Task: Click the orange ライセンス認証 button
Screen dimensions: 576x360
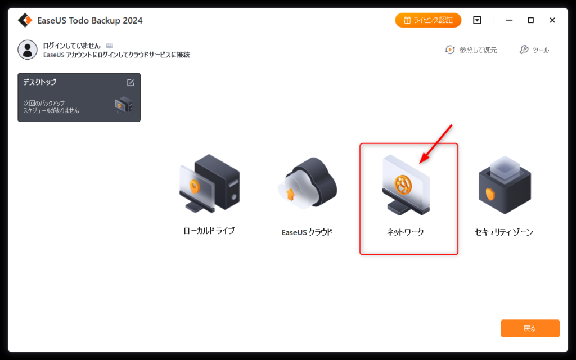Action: pos(428,20)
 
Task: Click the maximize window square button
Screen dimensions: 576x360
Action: pos(530,20)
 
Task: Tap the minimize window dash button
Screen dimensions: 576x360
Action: pos(508,20)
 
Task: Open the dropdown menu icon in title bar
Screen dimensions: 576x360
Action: pos(477,20)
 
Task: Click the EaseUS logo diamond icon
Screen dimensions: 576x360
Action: pos(25,20)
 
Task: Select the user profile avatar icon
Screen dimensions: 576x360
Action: pos(28,49)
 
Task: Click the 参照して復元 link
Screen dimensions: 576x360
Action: pos(471,49)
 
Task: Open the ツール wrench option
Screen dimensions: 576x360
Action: pos(534,49)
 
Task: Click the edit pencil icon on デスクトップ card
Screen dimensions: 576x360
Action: pos(130,83)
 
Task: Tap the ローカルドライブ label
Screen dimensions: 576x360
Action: pos(209,231)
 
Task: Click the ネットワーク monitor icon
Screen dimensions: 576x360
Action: pos(406,184)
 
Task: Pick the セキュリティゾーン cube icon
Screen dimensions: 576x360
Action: pos(505,184)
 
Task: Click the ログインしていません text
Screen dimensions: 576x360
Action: pos(71,46)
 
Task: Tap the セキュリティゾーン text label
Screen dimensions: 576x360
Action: pos(504,232)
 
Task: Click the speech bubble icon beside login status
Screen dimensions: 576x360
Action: pos(110,46)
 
